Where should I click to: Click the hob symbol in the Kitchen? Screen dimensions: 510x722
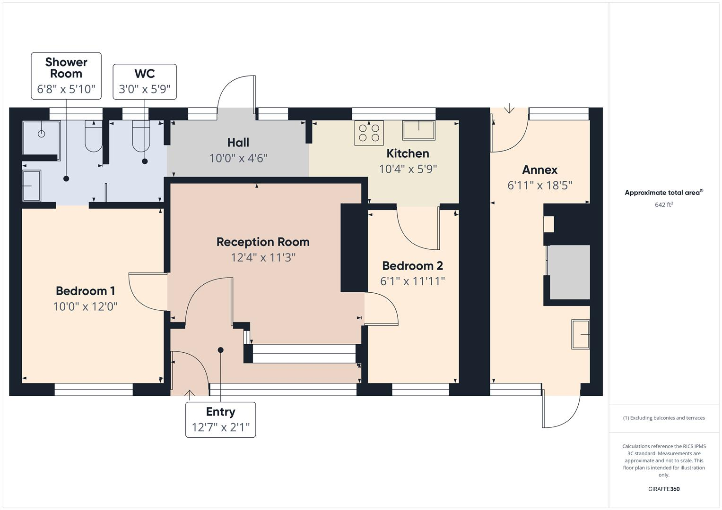[369, 133]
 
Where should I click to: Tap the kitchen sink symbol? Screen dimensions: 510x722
[418, 130]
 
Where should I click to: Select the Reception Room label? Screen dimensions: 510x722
[263, 242]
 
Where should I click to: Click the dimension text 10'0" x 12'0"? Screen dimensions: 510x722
[85, 306]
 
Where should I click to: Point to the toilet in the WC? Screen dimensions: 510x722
[141, 137]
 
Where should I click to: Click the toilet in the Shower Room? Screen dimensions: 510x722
[93, 137]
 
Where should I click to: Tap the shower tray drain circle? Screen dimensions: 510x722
[42, 134]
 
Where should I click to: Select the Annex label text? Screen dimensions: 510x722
[539, 170]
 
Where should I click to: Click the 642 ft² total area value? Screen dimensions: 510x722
[663, 205]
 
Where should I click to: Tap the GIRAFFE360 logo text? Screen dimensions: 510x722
[663, 489]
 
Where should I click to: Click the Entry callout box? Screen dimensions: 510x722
[220, 420]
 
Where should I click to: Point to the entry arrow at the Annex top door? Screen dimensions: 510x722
[509, 109]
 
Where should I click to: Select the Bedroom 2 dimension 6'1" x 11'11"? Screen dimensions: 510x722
[412, 281]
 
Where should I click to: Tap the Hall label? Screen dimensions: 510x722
[238, 143]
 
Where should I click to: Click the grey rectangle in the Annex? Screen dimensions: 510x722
[569, 272]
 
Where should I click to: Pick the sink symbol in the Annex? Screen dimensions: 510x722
[581, 334]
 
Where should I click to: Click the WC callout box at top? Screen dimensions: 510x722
[145, 82]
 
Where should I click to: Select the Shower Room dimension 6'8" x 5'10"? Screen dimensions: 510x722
[66, 89]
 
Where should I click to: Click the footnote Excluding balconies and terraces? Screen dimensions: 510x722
[663, 418]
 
